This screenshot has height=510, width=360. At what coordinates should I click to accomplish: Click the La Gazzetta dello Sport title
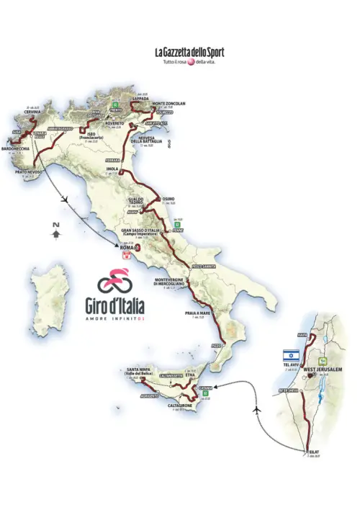(189, 52)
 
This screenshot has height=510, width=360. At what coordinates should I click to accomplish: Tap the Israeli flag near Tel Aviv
(290, 355)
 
